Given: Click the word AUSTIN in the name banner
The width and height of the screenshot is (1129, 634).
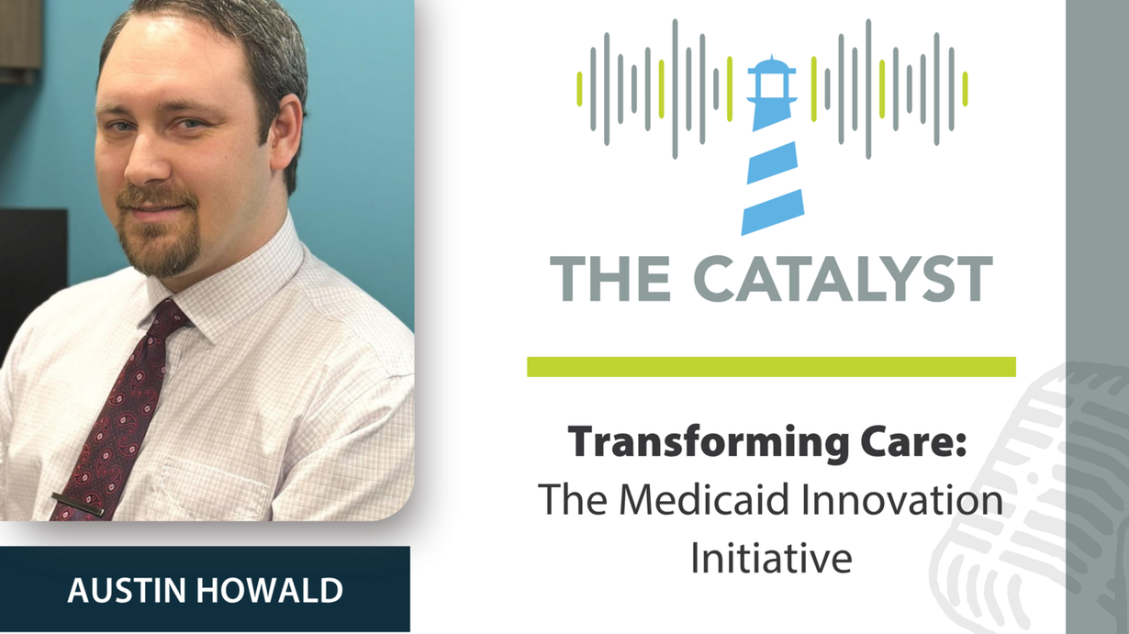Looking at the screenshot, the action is click(x=126, y=591).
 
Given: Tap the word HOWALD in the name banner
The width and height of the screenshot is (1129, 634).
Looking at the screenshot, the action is click(x=270, y=591).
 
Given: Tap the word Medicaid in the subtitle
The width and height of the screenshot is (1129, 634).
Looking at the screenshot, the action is click(x=707, y=500).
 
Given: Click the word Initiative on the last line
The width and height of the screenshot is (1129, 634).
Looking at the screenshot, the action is click(x=771, y=558).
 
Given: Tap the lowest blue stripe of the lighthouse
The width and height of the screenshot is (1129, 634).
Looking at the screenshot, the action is click(x=773, y=212).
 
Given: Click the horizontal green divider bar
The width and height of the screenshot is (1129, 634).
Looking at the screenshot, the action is click(x=771, y=367).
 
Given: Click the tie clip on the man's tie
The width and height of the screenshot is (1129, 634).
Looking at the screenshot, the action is click(x=78, y=504).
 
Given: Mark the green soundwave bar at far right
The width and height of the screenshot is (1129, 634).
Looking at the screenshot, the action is click(x=966, y=89).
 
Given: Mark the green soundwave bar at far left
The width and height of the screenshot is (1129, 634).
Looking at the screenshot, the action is click(x=579, y=89).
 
